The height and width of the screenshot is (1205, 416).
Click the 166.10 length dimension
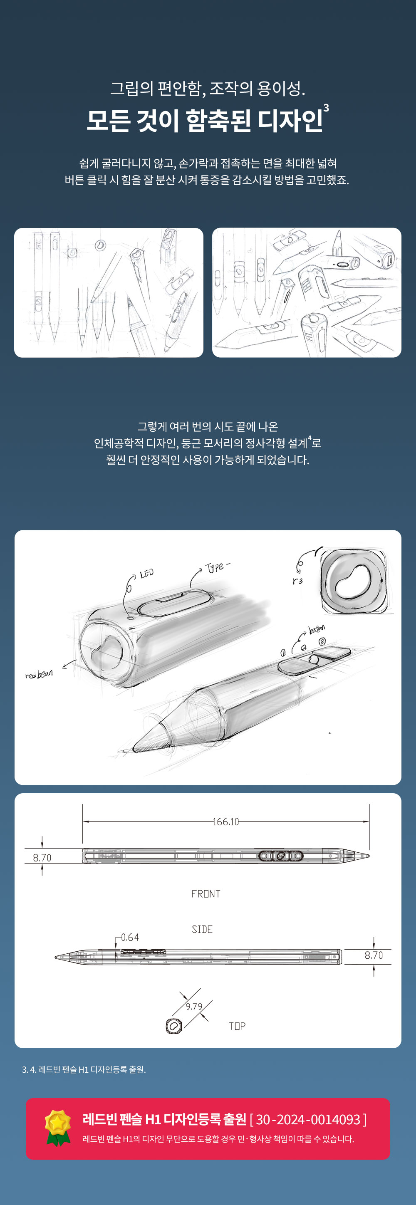coord(225,822)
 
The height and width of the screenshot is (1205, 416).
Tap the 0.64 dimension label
coord(130,938)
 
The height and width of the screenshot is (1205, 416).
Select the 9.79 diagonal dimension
coord(194,1006)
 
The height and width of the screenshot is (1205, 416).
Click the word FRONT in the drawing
coord(206,894)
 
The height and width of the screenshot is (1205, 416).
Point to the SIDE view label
coord(202,930)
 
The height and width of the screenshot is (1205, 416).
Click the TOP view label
coord(237,1026)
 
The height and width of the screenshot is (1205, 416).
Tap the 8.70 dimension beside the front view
coord(42,857)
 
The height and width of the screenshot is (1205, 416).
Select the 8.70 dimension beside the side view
coord(374,955)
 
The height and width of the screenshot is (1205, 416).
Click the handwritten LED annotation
coord(146,574)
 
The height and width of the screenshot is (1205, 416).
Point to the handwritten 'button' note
coord(317,629)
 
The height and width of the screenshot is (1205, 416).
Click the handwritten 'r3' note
coord(297,581)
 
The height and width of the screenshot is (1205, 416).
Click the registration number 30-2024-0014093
coord(308,1119)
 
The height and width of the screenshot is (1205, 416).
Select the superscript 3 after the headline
coord(326,108)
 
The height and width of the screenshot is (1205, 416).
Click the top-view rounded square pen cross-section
coord(174,1026)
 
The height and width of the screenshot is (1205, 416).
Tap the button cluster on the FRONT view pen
coord(281,856)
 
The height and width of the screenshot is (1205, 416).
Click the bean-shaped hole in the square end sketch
coord(353,581)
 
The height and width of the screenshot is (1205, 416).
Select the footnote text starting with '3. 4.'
coord(84,1069)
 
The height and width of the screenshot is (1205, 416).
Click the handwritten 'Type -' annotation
coord(218,567)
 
